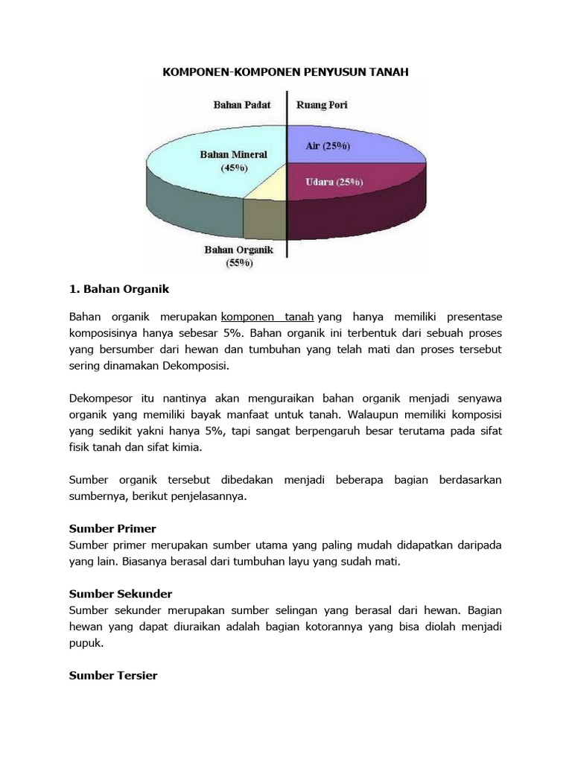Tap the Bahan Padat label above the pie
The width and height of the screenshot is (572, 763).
(241, 105)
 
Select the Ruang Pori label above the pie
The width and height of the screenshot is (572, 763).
(322, 105)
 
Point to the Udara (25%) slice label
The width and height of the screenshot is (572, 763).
(334, 181)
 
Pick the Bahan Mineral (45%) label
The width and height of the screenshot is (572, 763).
(233, 161)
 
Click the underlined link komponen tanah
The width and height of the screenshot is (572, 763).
(267, 317)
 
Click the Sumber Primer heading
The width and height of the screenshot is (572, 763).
(112, 528)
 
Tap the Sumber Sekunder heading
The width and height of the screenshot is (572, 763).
(120, 594)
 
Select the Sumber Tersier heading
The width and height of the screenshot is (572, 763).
(113, 675)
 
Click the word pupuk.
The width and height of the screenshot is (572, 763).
(85, 642)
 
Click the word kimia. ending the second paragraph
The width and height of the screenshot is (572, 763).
(187, 448)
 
